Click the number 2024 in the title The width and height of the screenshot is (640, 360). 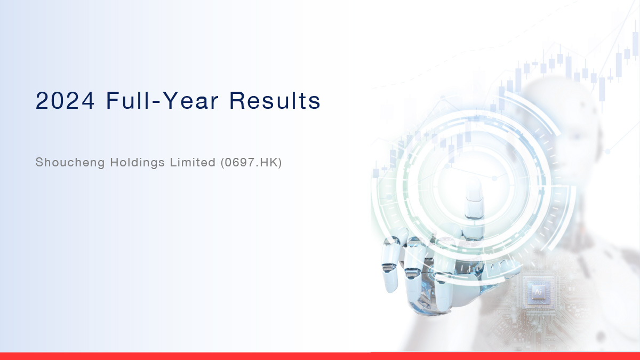[x=65, y=101]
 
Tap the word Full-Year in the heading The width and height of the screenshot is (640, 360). [x=163, y=100]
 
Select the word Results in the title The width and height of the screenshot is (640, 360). [x=275, y=100]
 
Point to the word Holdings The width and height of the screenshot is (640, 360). [x=138, y=163]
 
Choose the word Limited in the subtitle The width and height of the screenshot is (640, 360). [x=193, y=162]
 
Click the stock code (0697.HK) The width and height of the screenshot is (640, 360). [x=251, y=162]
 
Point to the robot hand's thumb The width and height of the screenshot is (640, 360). [x=503, y=269]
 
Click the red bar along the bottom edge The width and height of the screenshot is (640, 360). [x=320, y=356]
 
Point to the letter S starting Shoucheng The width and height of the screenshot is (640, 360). [x=39, y=162]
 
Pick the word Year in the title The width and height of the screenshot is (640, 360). [x=191, y=101]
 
